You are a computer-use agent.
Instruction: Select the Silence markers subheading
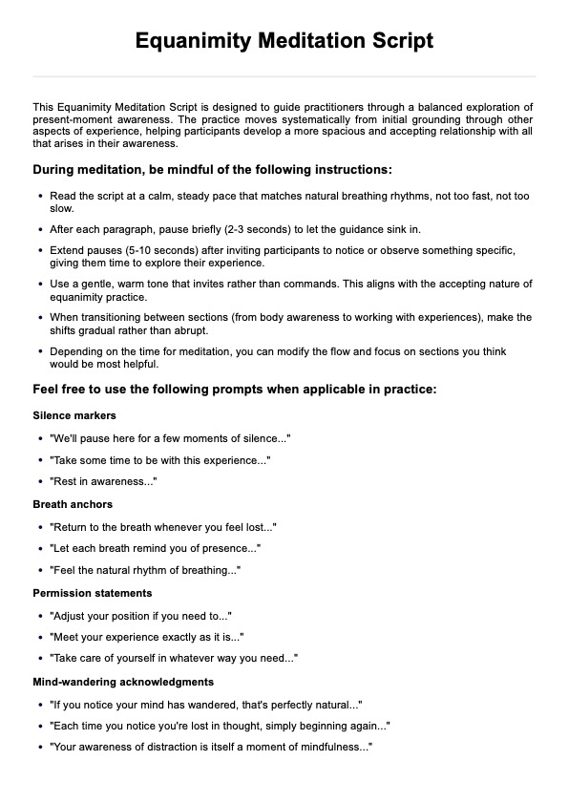click(74, 415)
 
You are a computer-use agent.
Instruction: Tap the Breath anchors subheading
click(73, 504)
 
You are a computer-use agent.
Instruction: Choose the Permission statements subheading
click(93, 593)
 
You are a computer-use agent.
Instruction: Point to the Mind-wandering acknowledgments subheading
click(123, 682)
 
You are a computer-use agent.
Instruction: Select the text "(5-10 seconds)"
click(140, 250)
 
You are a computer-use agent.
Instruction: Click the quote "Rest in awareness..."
click(103, 482)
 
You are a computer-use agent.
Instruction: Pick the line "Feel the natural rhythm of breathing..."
click(144, 571)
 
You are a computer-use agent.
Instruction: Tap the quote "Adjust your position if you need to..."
click(140, 616)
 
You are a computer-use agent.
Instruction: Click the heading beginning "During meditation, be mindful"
click(212, 170)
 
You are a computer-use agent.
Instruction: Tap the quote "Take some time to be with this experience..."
click(159, 460)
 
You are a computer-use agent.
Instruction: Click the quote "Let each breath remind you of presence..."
click(155, 549)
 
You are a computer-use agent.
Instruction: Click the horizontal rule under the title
click(284, 76)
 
